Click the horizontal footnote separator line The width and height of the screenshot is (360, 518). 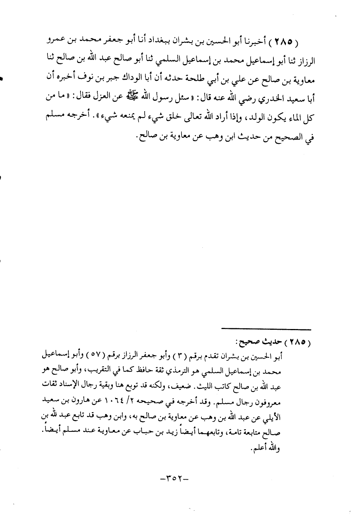point(266,328)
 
